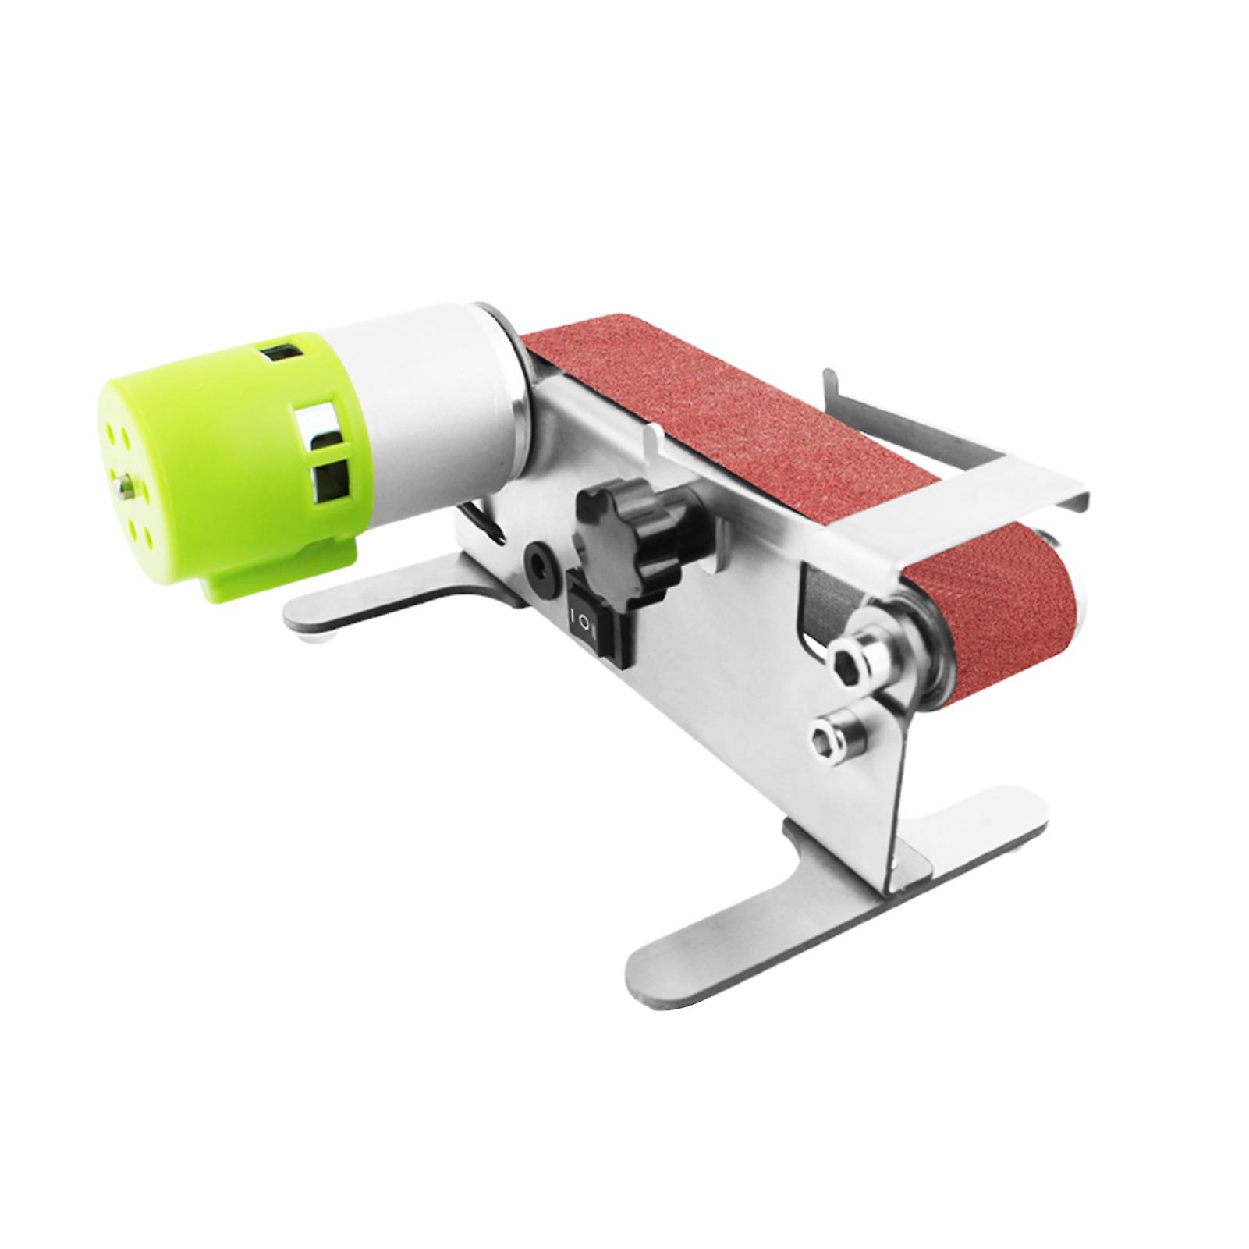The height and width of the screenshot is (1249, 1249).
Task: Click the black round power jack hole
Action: (538, 557)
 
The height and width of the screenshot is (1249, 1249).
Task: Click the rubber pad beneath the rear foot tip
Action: (320, 642)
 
